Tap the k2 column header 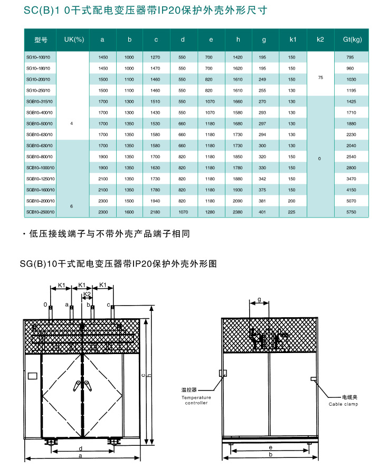pos(320,40)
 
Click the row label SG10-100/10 pos(38,57)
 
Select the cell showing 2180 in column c pos(156,212)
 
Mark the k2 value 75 pos(320,78)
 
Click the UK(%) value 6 pos(72,206)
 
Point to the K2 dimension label pos(88,294)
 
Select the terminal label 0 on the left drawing pos(46,305)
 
